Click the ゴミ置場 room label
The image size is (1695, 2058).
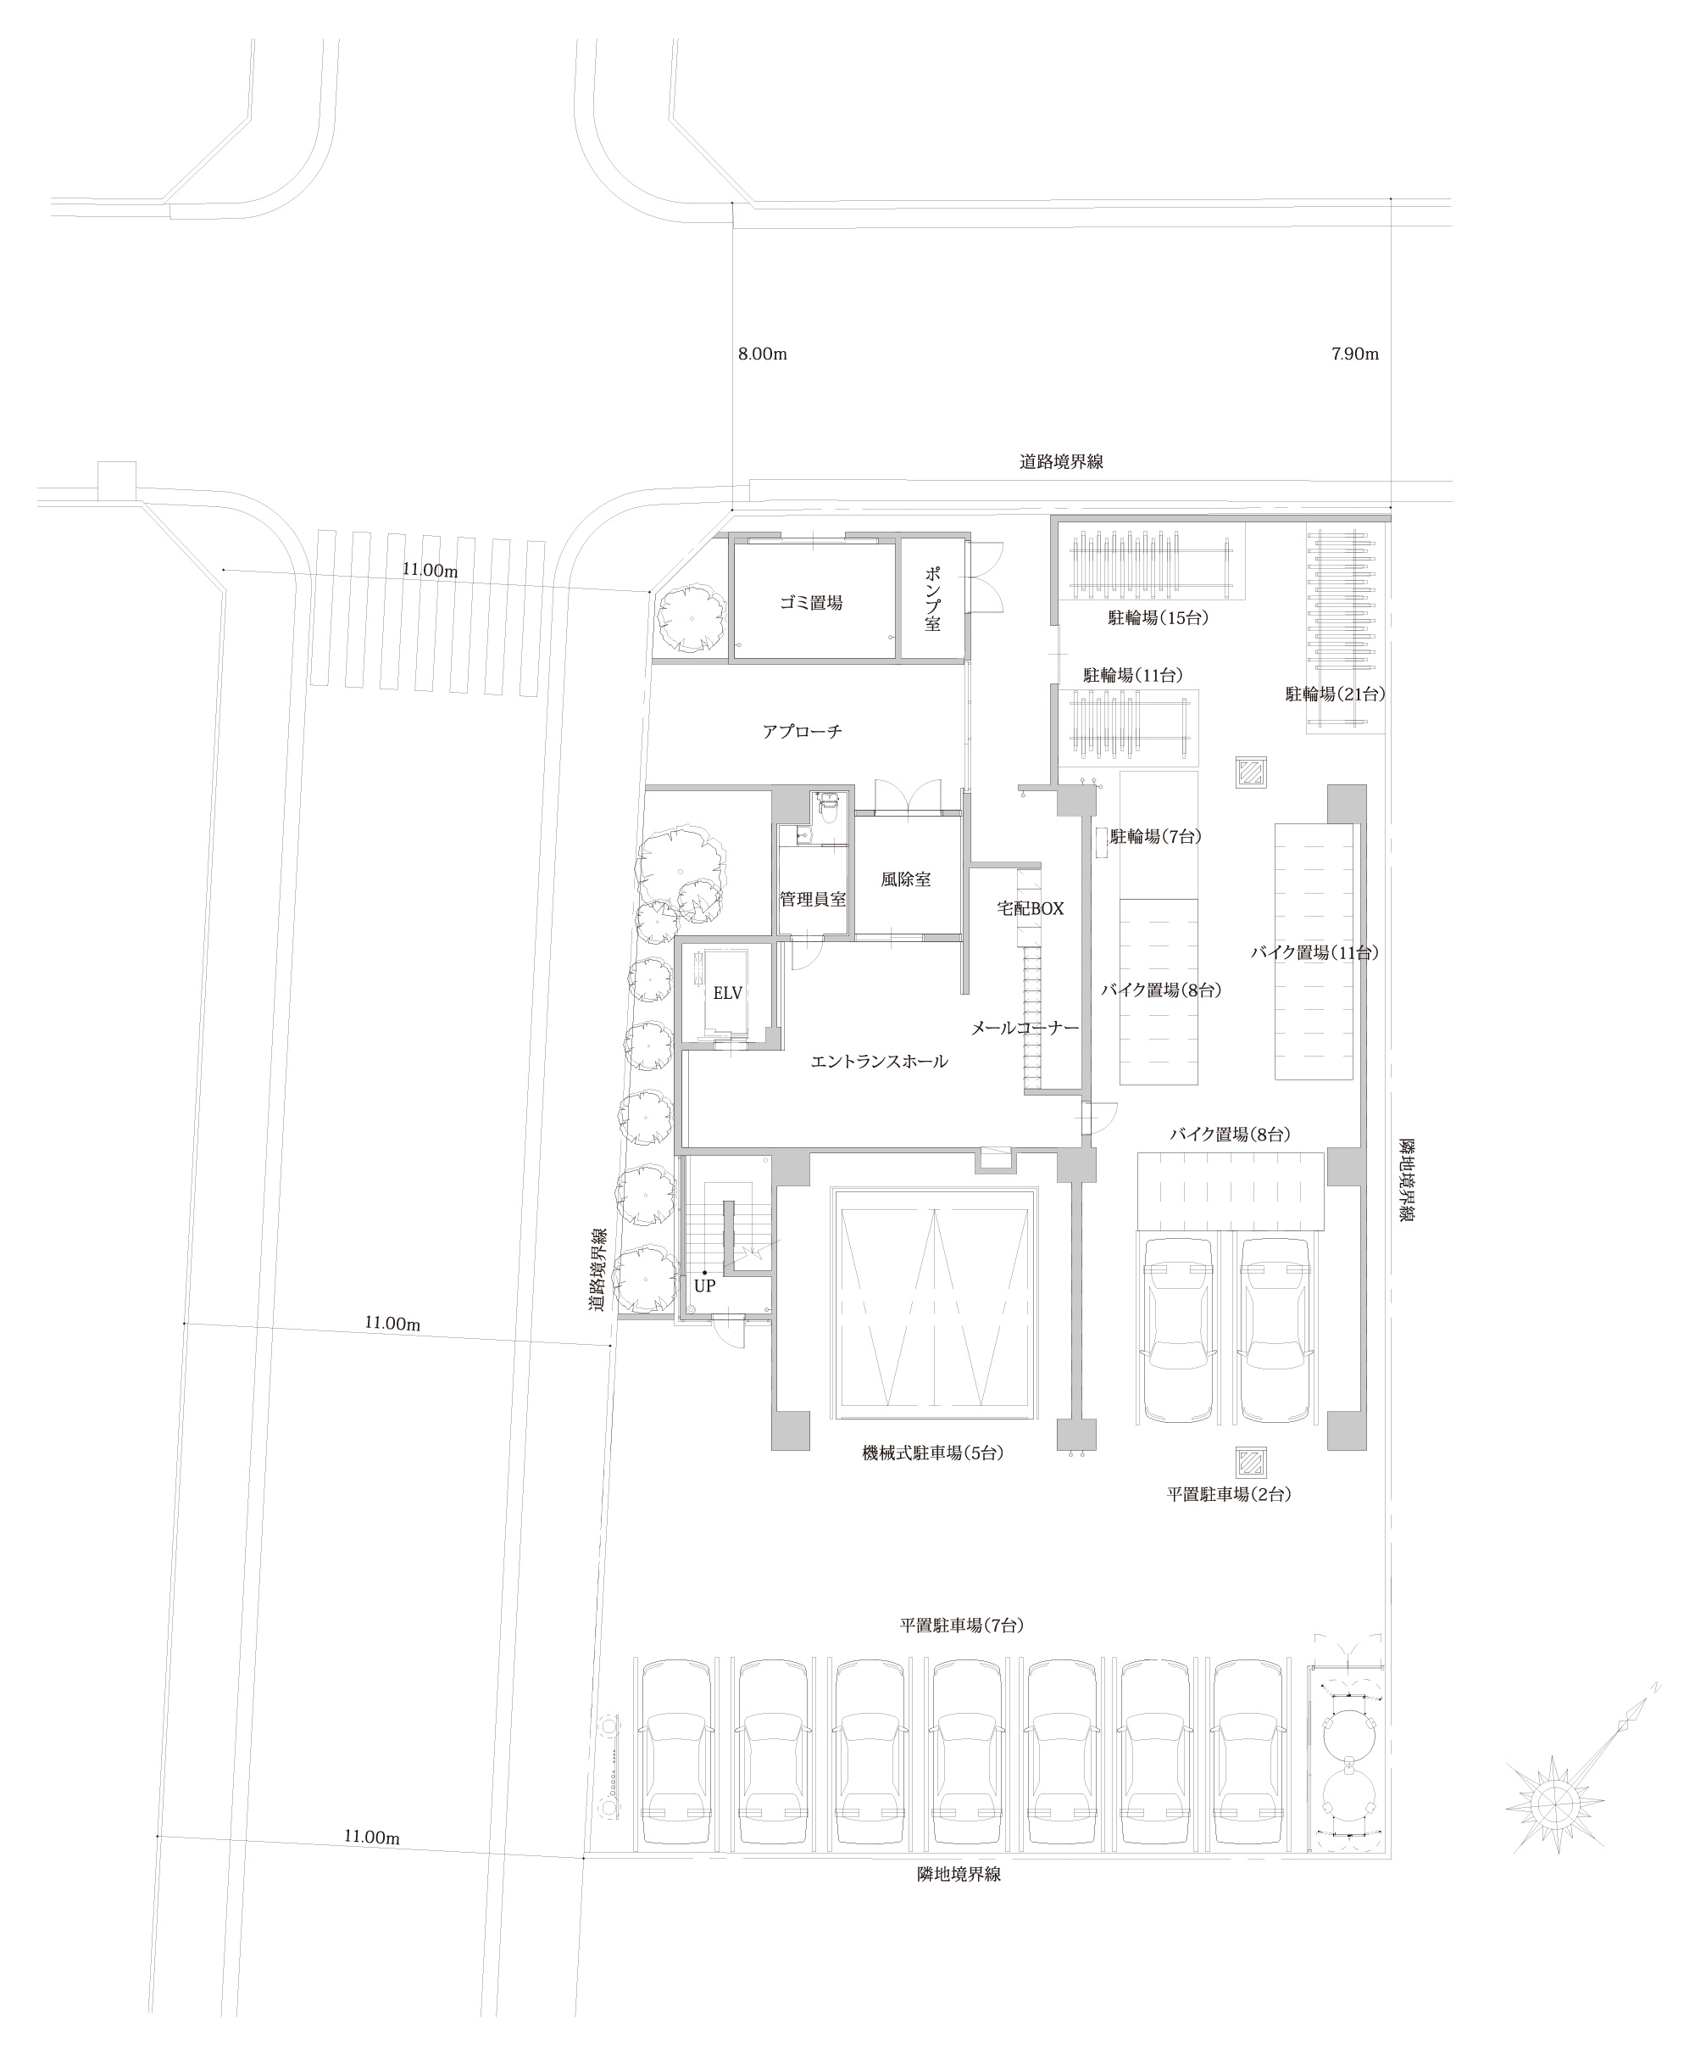(810, 604)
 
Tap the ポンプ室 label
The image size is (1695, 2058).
(932, 599)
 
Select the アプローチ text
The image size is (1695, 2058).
(803, 731)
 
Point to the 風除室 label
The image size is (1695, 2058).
(905, 879)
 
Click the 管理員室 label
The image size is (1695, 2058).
(813, 899)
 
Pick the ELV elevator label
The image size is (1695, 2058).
(727, 993)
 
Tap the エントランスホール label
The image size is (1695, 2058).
(879, 1061)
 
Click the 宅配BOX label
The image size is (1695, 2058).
(1030, 908)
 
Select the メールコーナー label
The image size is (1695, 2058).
(1025, 1029)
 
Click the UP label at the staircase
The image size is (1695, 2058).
(705, 1286)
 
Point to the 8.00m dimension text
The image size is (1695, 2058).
(763, 354)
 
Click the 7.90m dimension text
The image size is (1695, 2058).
(1355, 354)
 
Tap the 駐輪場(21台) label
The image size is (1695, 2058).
(1335, 694)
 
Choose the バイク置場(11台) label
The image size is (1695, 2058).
(1314, 951)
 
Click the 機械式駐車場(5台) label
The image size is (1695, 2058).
(932, 1453)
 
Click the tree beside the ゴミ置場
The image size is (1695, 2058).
(692, 618)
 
